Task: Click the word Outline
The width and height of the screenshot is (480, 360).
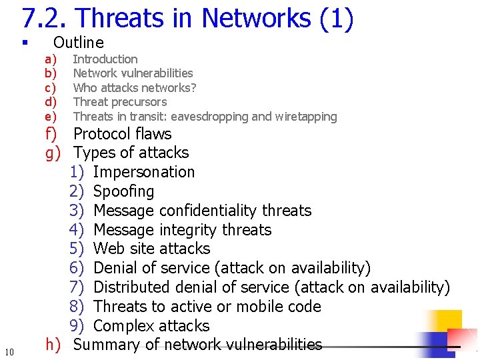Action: coord(79,43)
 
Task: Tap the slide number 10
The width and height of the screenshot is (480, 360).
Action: coord(9,352)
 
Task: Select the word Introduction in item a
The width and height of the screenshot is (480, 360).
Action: coord(105,59)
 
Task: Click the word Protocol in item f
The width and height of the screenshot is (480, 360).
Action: coord(102,134)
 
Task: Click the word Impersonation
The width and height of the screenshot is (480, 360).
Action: coord(144,172)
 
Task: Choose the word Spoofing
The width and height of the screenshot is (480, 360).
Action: coord(124,191)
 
